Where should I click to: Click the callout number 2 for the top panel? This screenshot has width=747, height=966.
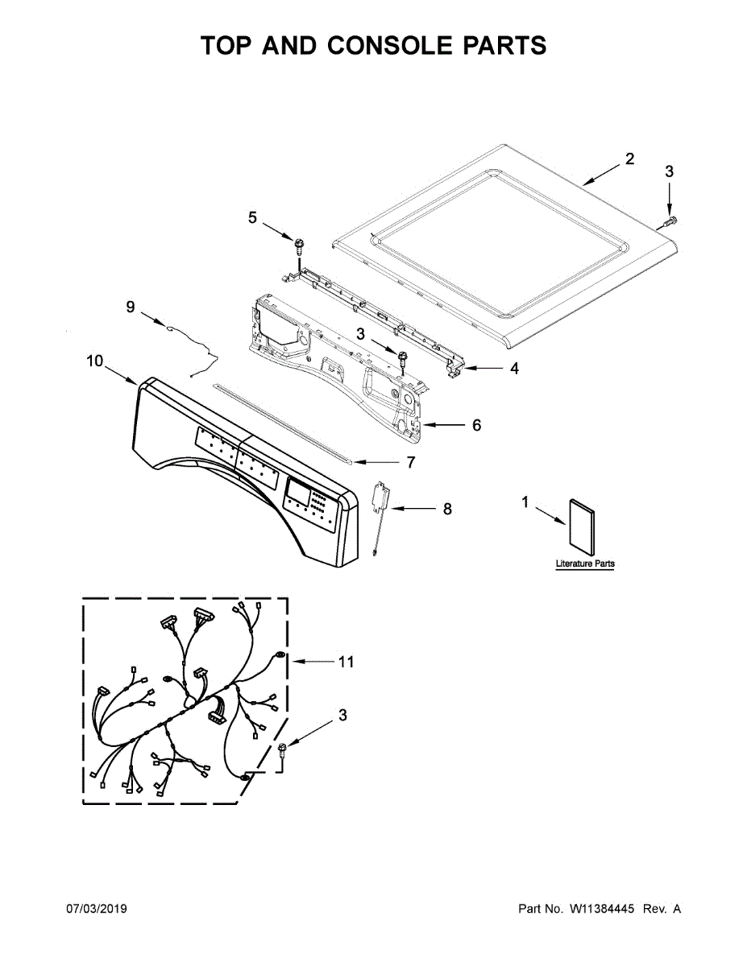pyautogui.click(x=629, y=159)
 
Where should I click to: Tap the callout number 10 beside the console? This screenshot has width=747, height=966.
pyautogui.click(x=95, y=361)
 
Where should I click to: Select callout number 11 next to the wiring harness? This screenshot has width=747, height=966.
pyautogui.click(x=346, y=662)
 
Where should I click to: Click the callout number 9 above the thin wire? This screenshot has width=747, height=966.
pyautogui.click(x=131, y=307)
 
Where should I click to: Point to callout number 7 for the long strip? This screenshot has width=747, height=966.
pyautogui.click(x=410, y=462)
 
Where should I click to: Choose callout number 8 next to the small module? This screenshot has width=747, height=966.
pyautogui.click(x=447, y=509)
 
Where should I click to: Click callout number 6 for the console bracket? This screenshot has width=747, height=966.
pyautogui.click(x=476, y=424)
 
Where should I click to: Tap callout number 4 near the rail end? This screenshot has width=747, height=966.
pyautogui.click(x=513, y=369)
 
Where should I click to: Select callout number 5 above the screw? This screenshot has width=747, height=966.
pyautogui.click(x=252, y=217)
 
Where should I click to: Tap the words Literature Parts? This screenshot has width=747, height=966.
pyautogui.click(x=585, y=564)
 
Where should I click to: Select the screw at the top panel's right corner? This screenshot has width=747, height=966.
pyautogui.click(x=670, y=220)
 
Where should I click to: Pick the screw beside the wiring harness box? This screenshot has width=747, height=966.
pyautogui.click(x=283, y=751)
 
